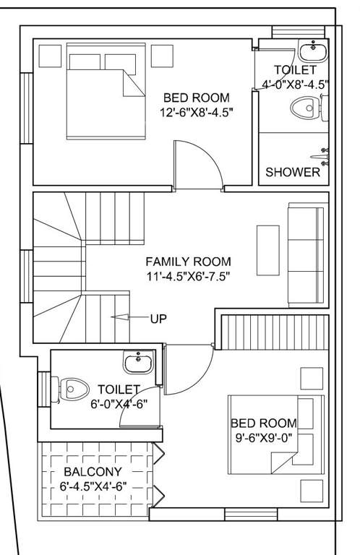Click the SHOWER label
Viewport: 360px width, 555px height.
pos(293,172)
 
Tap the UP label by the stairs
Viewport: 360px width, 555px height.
pos(158,317)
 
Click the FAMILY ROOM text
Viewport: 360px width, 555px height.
pos(188,262)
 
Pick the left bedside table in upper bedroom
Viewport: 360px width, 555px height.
pos(50,55)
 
